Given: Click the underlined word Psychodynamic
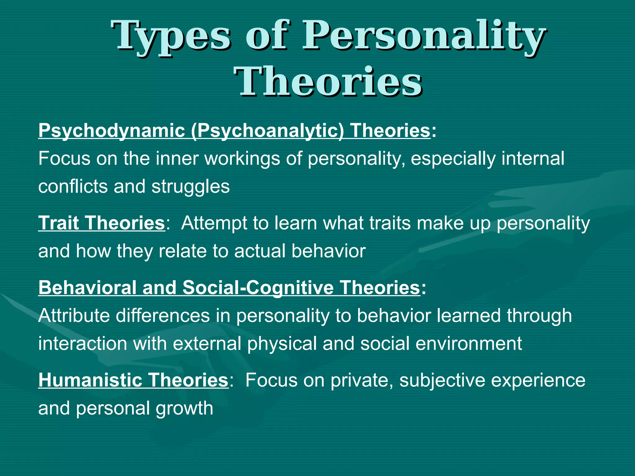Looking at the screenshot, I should [x=112, y=131].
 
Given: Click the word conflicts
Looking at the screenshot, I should [x=72, y=187].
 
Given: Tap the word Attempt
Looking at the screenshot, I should [x=214, y=223].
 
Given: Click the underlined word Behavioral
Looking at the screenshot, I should [x=87, y=288].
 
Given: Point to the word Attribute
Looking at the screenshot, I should [x=74, y=316].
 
